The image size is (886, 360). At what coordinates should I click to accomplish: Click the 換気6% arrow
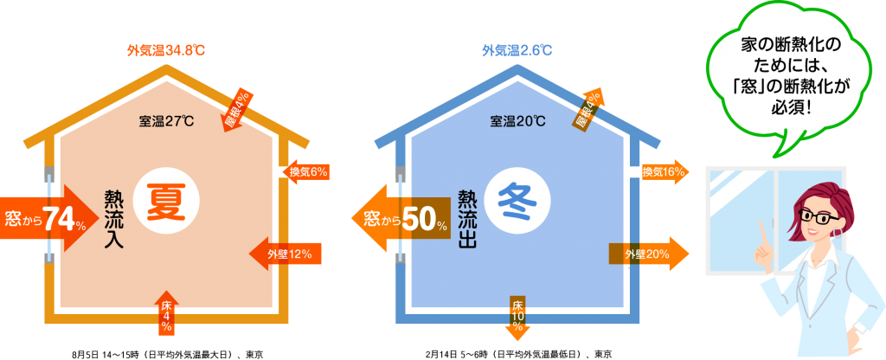coord(305,171)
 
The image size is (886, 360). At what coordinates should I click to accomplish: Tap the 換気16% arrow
coord(661,172)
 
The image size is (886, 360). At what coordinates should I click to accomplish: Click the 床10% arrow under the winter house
coord(518,316)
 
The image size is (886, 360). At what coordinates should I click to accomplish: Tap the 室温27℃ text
coord(165,120)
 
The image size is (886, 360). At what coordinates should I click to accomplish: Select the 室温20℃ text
coord(517,120)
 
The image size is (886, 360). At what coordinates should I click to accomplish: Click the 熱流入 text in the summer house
coord(113,220)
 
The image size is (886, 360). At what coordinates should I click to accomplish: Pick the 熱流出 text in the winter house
coord(468,220)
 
